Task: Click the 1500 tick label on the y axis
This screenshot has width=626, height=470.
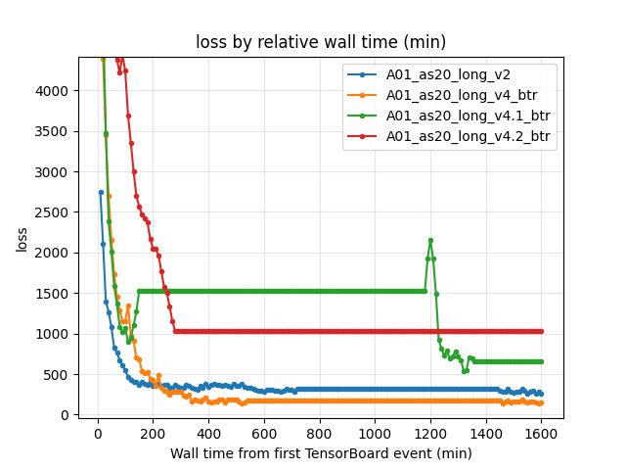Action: tap(55, 294)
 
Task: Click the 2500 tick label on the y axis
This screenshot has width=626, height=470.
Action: tap(55, 212)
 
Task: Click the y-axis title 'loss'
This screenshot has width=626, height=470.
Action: tap(22, 238)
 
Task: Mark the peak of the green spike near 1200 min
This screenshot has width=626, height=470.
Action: tap(430, 240)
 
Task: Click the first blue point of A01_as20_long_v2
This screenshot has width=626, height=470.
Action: tap(101, 192)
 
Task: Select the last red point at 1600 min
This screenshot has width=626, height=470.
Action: tap(541, 331)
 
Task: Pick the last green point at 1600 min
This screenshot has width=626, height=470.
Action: tap(541, 361)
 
